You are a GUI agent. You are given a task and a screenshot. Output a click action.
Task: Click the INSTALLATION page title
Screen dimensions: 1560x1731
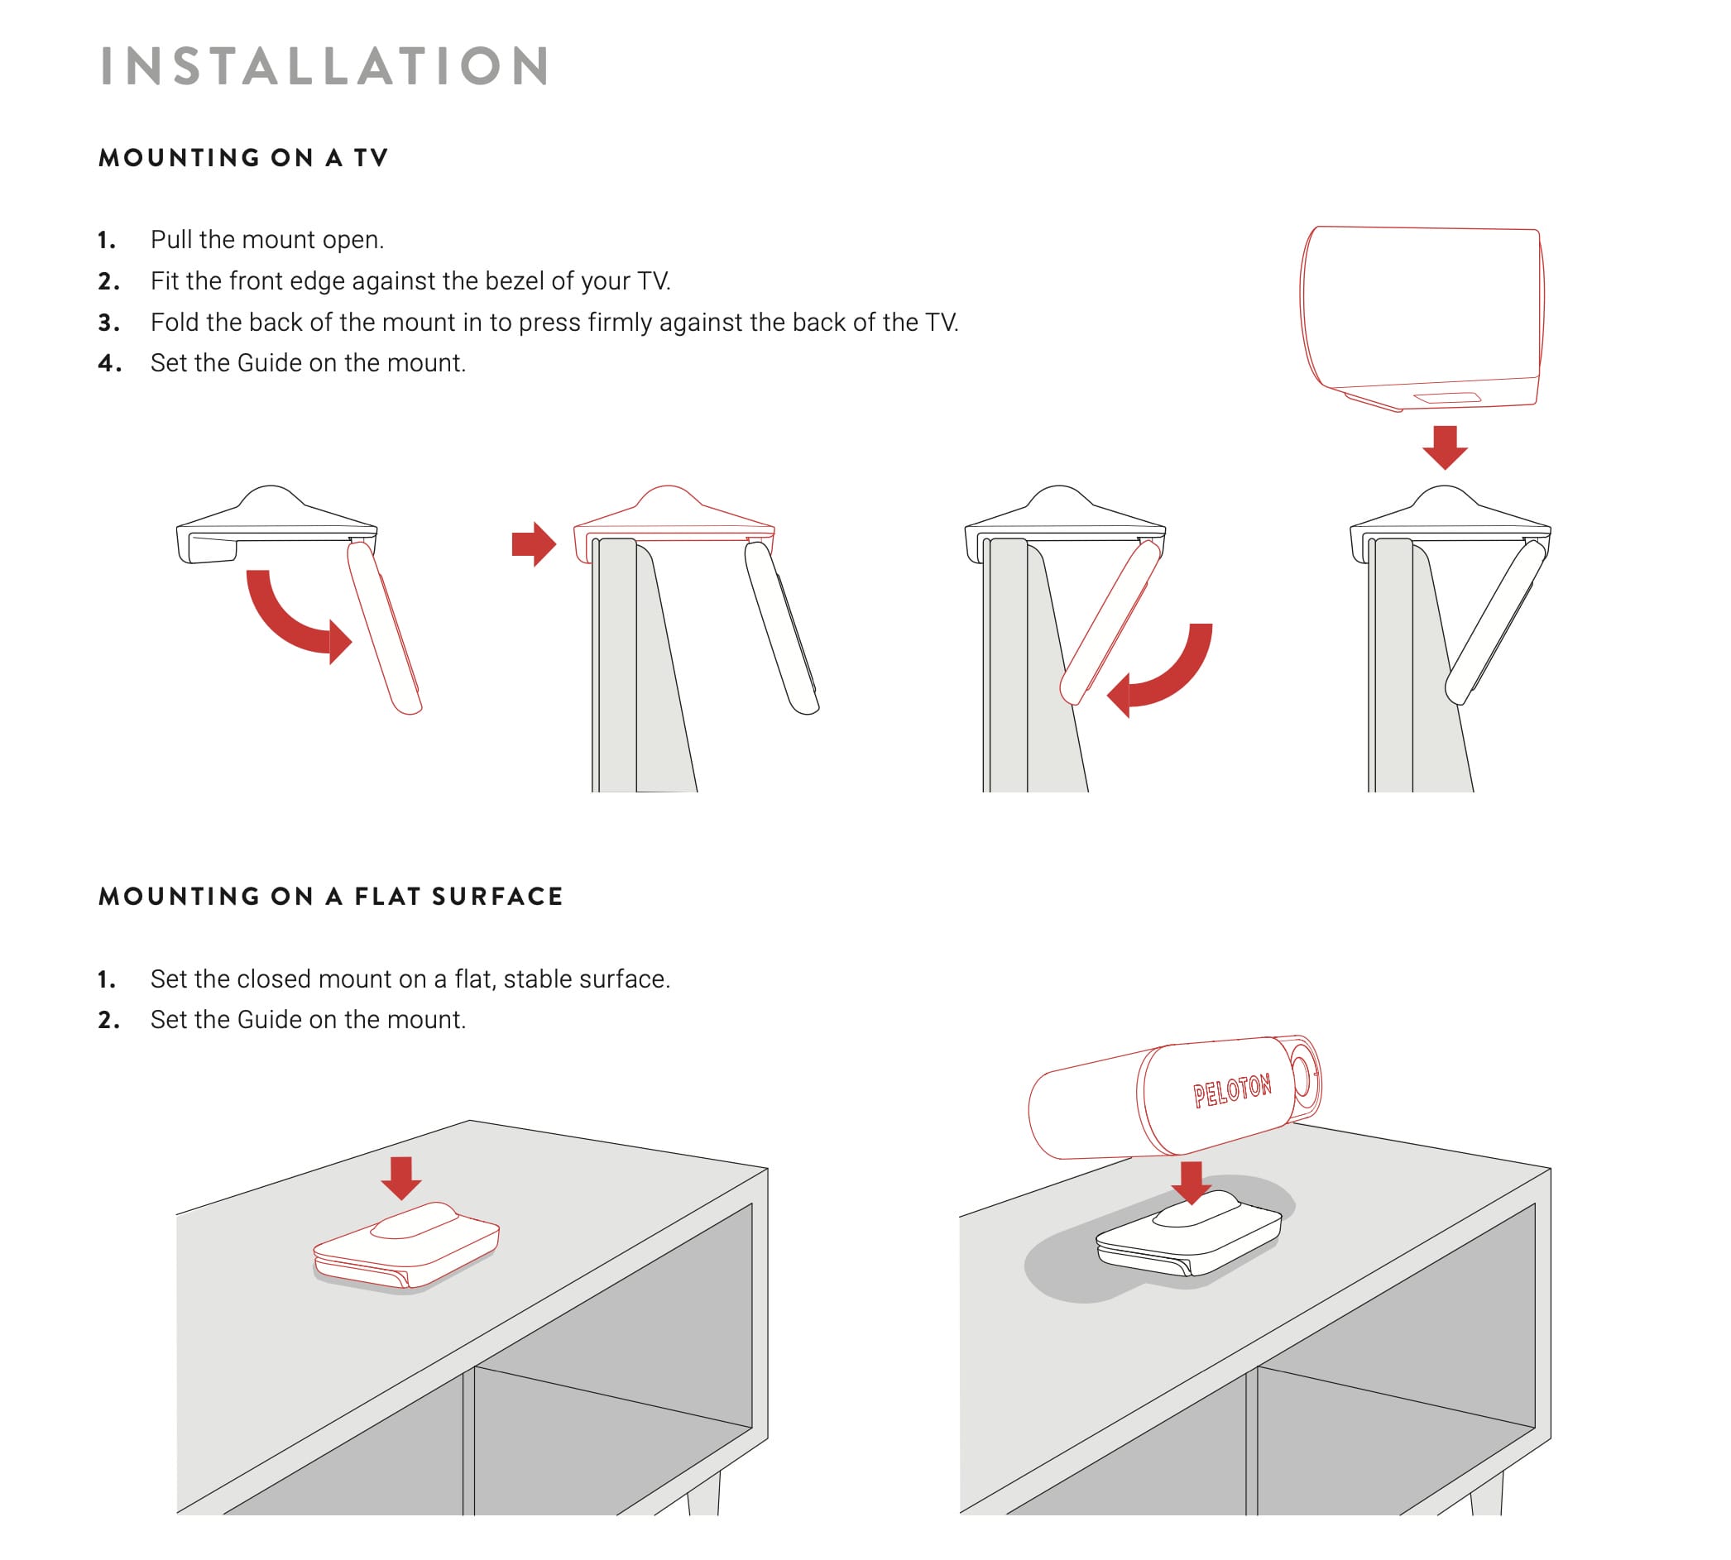point(325,66)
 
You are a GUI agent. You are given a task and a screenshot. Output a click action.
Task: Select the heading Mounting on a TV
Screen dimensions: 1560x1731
point(243,158)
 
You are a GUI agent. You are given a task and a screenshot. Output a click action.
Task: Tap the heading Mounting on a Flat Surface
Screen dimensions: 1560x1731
point(330,897)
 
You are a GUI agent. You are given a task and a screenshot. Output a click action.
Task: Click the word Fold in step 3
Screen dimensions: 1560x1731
point(175,323)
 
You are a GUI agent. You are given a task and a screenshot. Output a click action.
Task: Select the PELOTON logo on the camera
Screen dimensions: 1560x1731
point(1232,1090)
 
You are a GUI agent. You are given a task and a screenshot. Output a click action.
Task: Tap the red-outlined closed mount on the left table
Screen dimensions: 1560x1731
point(406,1245)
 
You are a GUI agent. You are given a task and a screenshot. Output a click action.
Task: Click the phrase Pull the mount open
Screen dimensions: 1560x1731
point(266,240)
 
